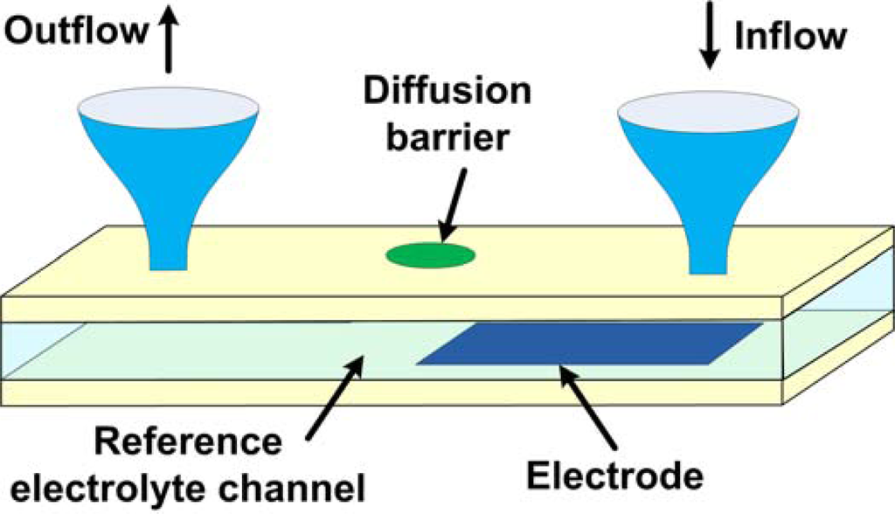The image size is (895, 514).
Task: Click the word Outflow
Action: (x=76, y=31)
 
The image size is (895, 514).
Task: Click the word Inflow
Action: (x=791, y=36)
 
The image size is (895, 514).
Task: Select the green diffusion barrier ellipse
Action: (x=431, y=254)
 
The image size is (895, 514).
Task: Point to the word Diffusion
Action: (x=447, y=89)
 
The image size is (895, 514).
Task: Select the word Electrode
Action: (x=614, y=476)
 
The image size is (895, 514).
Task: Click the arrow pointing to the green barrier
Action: (x=454, y=205)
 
